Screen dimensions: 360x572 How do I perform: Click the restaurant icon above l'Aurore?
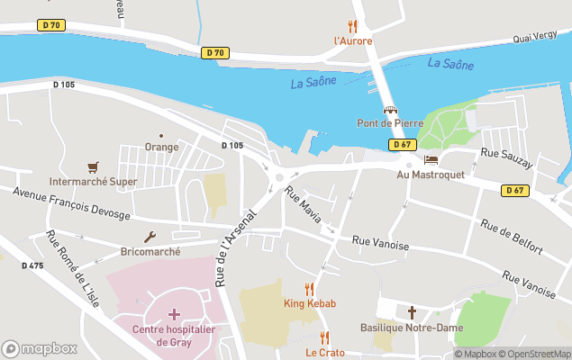click(x=352, y=26)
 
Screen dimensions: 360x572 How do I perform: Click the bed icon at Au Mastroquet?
click(x=431, y=159)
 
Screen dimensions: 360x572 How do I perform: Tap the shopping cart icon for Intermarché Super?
click(x=93, y=167)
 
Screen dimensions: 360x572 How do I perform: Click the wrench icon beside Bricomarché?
click(x=150, y=238)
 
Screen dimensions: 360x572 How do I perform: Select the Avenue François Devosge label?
click(x=72, y=203)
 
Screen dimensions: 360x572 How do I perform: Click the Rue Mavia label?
click(x=303, y=206)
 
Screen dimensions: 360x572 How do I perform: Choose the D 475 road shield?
click(x=32, y=265)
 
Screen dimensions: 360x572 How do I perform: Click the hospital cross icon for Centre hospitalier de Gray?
click(x=174, y=314)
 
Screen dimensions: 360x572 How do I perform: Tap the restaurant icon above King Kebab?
click(x=310, y=289)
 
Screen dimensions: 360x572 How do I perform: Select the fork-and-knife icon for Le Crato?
click(x=324, y=337)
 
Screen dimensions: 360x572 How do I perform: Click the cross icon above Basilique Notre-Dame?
click(x=412, y=312)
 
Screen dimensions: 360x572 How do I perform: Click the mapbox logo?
click(x=39, y=348)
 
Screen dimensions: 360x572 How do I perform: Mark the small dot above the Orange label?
click(x=161, y=136)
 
